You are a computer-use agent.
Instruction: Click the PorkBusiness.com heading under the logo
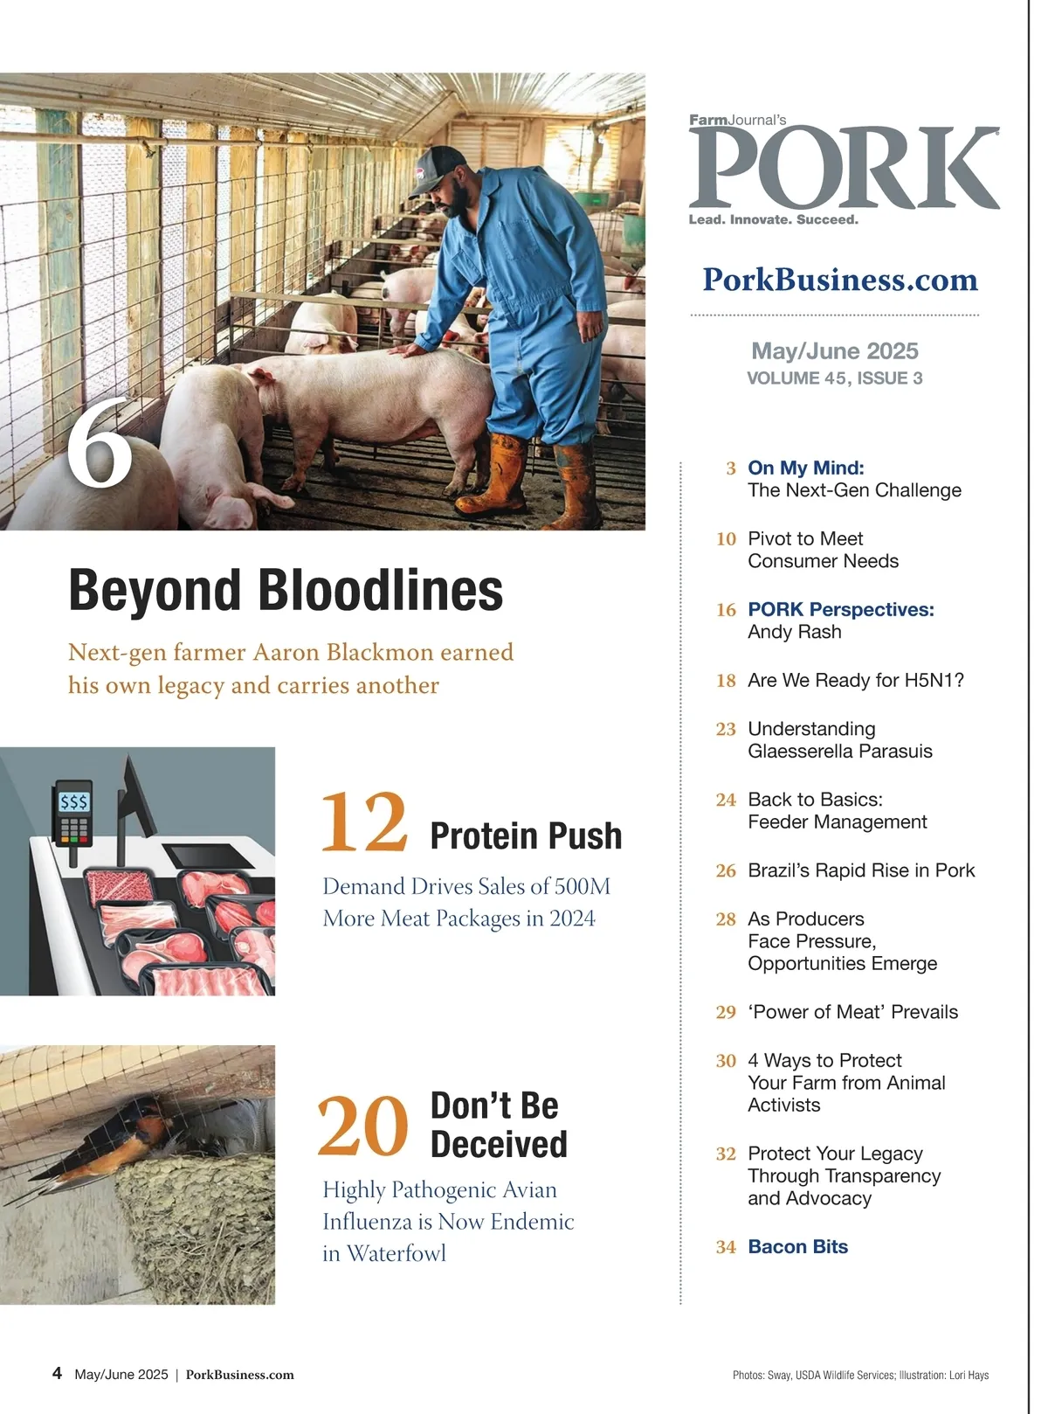pos(840,280)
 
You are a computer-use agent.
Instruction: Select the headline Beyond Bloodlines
pos(286,591)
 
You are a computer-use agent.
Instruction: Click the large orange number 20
pos(362,1126)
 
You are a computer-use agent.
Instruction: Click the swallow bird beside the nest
pos(105,1145)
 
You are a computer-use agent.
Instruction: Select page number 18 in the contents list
pos(726,681)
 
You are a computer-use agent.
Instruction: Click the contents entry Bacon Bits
pos(797,1247)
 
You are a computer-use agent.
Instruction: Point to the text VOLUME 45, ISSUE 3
pos(834,378)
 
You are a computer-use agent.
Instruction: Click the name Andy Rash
pos(794,632)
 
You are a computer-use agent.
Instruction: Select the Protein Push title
pos(526,836)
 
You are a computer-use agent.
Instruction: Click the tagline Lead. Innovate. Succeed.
pos(773,220)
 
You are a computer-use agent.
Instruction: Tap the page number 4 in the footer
pos(58,1373)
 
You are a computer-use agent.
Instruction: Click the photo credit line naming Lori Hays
pos(860,1376)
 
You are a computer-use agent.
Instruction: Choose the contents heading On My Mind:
pos(805,468)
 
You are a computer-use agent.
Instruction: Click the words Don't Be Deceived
pos(498,1125)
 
